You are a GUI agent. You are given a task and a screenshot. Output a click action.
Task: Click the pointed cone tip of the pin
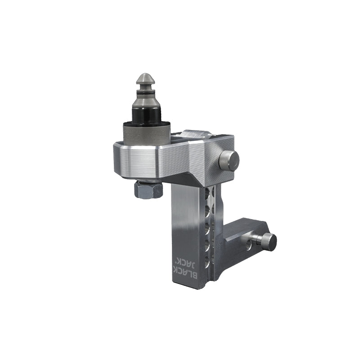(x=146, y=79)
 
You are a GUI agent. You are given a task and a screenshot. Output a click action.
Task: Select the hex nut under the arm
(x=148, y=189)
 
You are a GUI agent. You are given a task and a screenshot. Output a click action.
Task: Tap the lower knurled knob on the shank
(x=269, y=242)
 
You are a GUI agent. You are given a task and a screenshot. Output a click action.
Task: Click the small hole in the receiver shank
(x=249, y=245)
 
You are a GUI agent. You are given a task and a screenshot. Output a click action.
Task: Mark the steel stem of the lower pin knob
(x=258, y=239)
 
